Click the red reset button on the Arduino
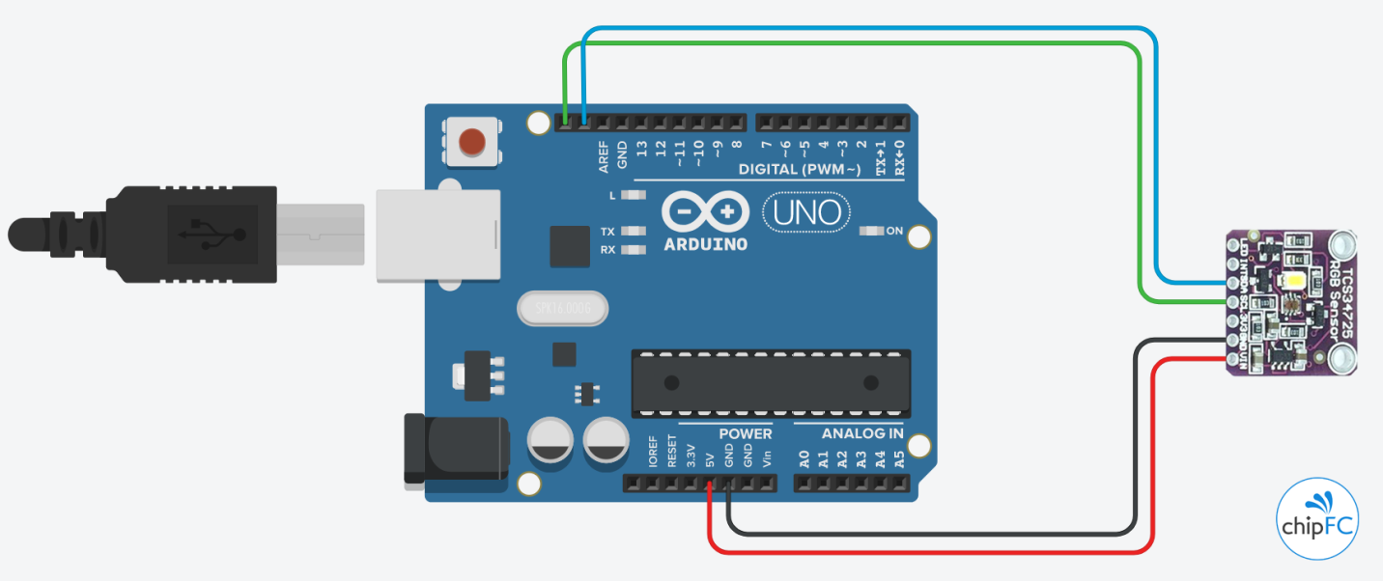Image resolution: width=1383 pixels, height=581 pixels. point(471,142)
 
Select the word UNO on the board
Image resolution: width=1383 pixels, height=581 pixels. point(806,211)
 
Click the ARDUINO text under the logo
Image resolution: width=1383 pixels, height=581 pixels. point(705,244)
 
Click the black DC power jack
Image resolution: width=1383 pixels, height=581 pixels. point(454,447)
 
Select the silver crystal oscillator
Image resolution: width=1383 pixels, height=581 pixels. point(561,308)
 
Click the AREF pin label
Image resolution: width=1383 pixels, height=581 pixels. point(604,157)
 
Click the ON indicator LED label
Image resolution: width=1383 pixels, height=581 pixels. point(894,231)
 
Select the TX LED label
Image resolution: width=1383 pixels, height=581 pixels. point(607,232)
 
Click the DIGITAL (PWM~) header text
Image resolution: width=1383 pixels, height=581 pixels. point(799,170)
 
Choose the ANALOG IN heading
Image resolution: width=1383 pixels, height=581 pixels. point(861,433)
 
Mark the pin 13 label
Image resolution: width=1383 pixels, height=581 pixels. point(641,149)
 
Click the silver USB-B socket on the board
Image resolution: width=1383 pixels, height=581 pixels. point(437,235)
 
